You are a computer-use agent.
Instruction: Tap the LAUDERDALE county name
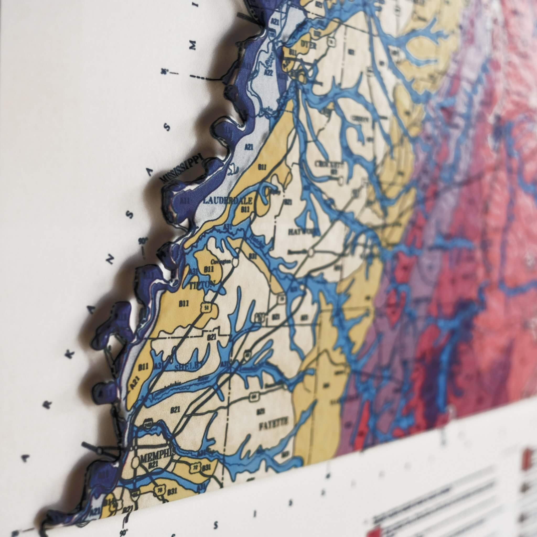pos(228,201)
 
